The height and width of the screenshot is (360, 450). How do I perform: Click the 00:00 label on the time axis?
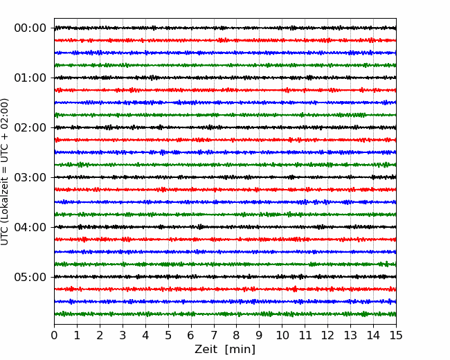tap(30, 28)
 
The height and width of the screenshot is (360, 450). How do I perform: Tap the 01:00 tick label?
tap(30, 78)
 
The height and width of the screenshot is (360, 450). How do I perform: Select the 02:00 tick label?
tap(30, 127)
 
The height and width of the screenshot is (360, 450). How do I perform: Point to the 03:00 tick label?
tap(30, 177)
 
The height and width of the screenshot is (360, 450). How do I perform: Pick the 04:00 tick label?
tap(30, 227)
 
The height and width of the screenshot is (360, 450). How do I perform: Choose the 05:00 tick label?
tap(30, 277)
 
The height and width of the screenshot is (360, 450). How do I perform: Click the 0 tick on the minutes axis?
tap(54, 335)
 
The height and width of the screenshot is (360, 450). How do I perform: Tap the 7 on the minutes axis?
tap(214, 335)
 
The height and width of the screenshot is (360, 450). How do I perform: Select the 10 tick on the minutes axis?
tap(282, 335)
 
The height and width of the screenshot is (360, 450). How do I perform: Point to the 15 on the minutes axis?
tap(396, 335)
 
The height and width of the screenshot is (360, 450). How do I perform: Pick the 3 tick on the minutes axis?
tap(123, 335)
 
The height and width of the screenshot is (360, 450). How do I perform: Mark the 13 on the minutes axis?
tap(350, 335)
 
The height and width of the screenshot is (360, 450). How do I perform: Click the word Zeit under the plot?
tap(206, 349)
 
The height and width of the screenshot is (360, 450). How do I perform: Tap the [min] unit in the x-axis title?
tap(240, 350)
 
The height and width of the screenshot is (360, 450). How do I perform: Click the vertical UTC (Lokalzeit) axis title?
tap(4, 172)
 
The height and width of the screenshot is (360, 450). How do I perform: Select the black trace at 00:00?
tap(225, 28)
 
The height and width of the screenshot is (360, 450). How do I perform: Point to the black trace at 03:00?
tap(225, 177)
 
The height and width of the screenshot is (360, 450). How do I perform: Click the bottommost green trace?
tap(225, 314)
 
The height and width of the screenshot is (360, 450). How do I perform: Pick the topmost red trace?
tap(225, 40)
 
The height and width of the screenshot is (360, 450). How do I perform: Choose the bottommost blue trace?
tap(225, 301)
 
